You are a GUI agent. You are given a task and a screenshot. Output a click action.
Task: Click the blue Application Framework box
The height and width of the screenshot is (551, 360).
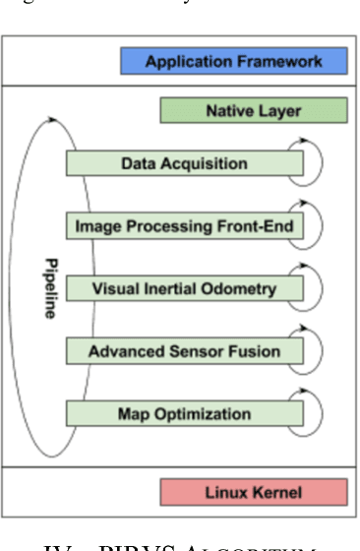pos(233,62)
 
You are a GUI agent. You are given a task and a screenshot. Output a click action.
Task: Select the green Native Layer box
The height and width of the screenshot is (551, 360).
pos(253,111)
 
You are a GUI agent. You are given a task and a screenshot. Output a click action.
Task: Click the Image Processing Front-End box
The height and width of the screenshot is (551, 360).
pos(184,226)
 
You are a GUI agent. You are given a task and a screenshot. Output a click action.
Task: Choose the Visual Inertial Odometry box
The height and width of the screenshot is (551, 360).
pos(184,289)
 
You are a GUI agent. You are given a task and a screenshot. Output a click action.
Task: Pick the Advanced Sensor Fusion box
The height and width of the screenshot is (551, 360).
pos(184,351)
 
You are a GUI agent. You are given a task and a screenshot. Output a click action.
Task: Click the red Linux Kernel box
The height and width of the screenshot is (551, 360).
pos(253,491)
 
